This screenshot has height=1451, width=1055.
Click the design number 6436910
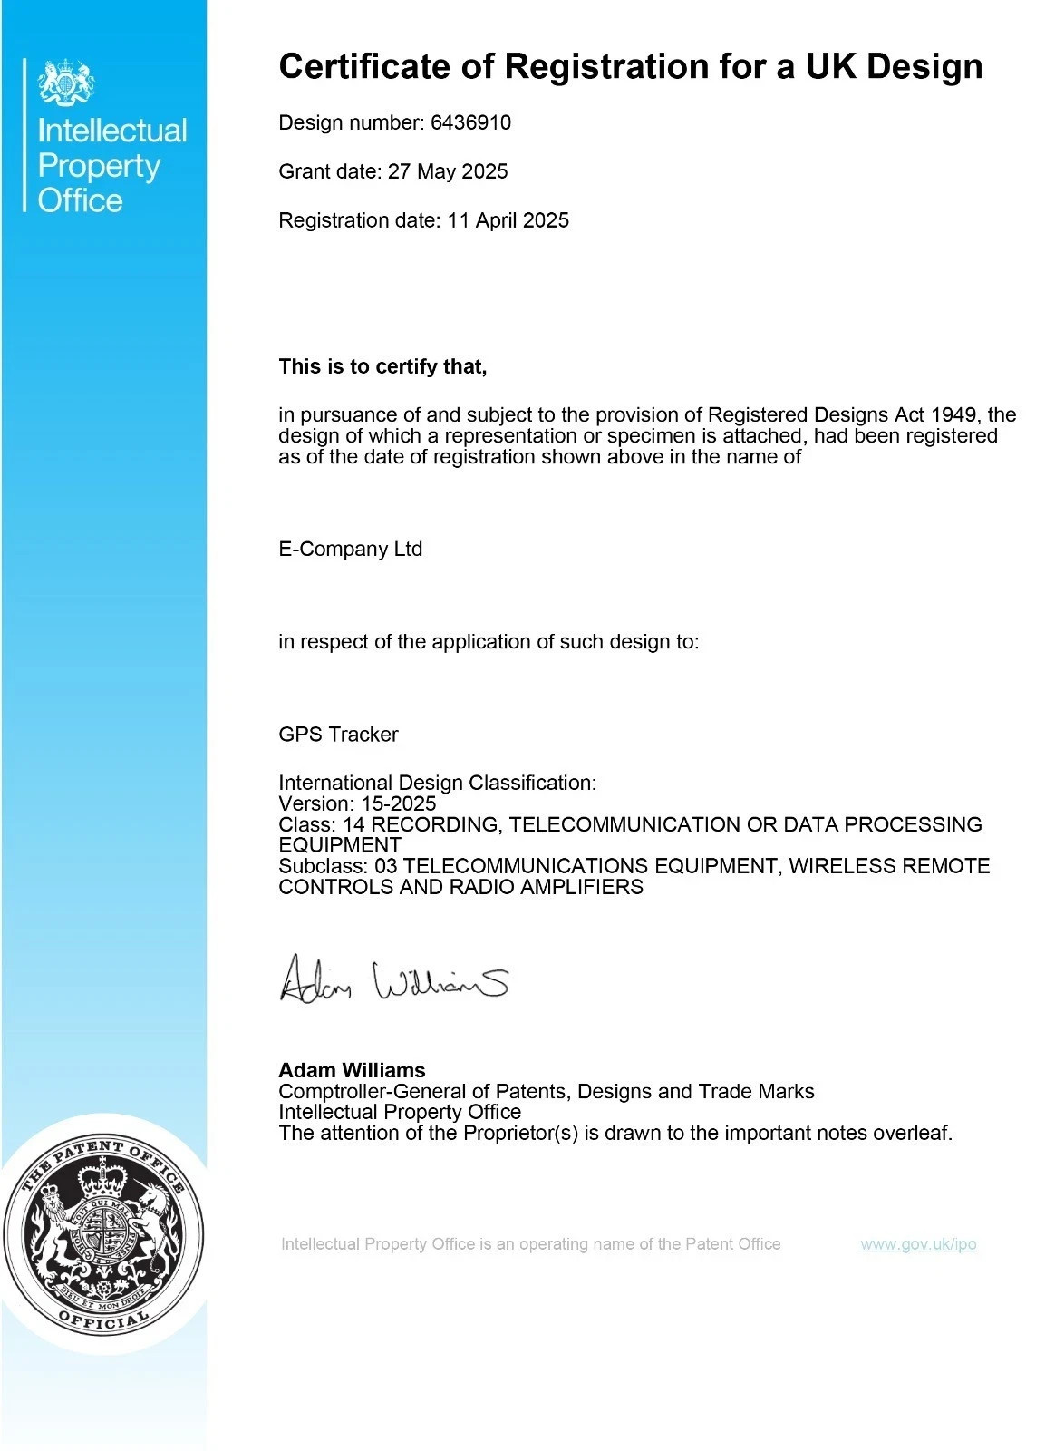(x=470, y=122)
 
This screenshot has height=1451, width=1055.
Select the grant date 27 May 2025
(x=448, y=171)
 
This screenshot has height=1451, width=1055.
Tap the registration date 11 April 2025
(x=508, y=220)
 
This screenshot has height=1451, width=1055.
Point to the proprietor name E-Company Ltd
(x=350, y=550)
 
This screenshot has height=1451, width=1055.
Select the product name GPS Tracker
(x=338, y=735)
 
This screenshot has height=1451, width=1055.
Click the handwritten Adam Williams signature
(x=393, y=979)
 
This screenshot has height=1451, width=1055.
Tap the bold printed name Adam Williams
(x=352, y=1070)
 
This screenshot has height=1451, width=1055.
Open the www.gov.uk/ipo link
(x=918, y=1244)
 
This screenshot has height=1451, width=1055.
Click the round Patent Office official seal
(x=103, y=1233)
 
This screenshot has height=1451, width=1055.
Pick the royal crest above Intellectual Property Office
(x=66, y=83)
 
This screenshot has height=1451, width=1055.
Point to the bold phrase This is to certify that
(x=382, y=366)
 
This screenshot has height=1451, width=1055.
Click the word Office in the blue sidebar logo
(x=80, y=200)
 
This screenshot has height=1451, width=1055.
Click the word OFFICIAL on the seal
(x=102, y=1321)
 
